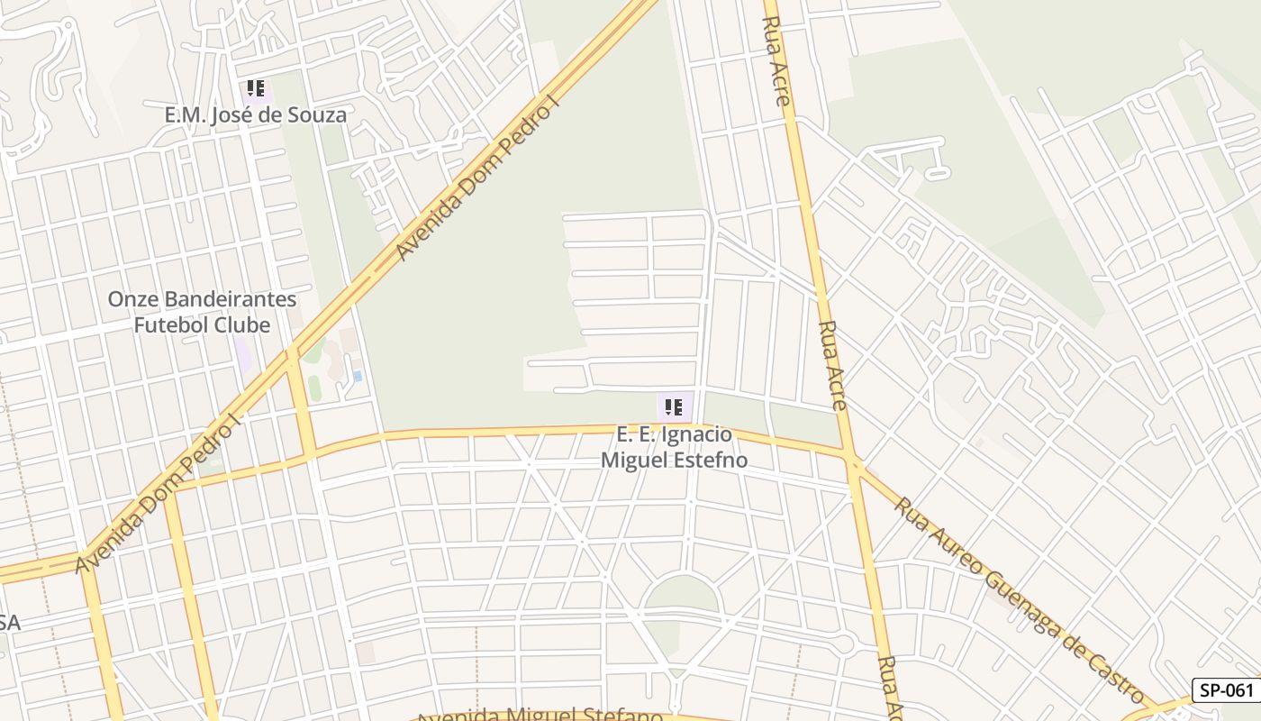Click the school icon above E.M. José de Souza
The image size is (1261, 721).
click(x=256, y=88)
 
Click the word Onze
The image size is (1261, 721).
click(x=132, y=299)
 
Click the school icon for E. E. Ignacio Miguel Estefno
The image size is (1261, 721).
click(x=674, y=407)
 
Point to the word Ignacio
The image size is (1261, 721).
click(x=696, y=434)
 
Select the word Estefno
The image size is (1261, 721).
click(x=712, y=460)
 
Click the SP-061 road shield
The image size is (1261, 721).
click(x=1227, y=690)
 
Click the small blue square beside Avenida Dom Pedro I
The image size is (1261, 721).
click(x=358, y=375)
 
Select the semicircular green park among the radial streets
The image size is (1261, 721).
click(x=682, y=596)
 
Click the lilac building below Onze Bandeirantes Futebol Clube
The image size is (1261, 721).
click(x=243, y=353)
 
